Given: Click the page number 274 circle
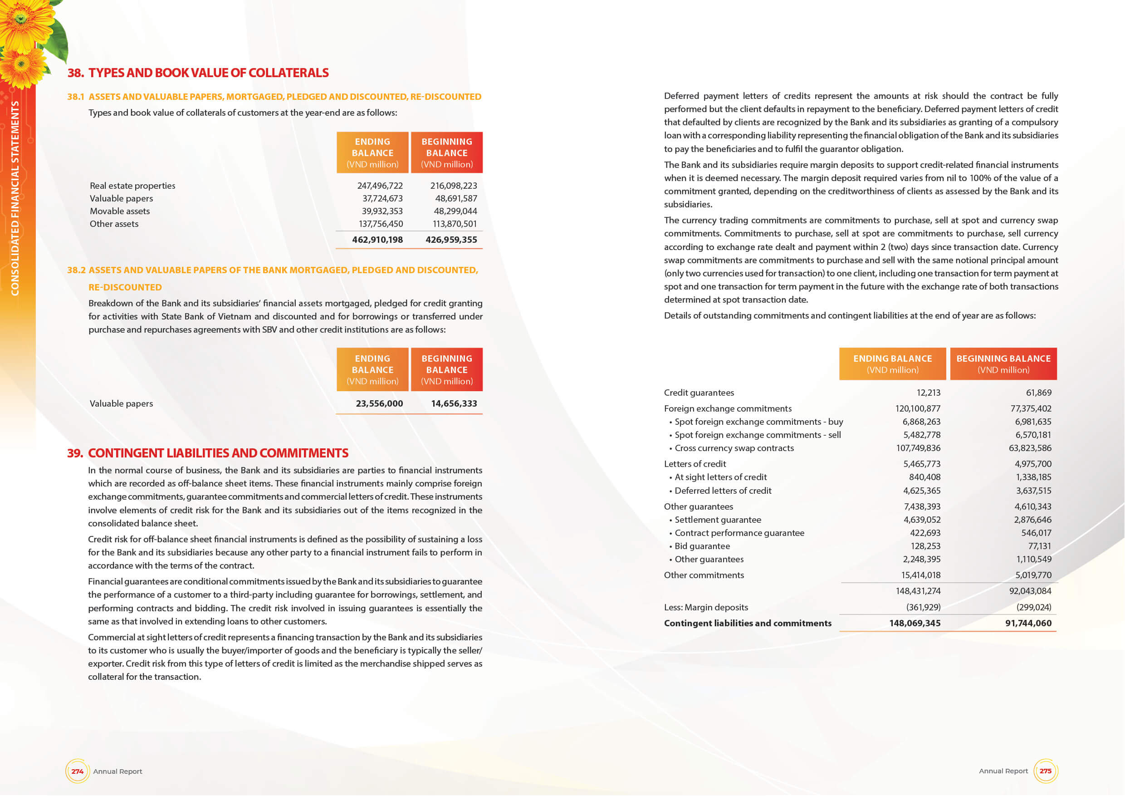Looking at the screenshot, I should tap(78, 771).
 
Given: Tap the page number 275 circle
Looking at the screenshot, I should tap(1045, 771).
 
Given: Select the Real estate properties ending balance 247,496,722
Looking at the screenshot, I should tap(380, 186).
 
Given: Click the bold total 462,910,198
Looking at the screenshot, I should tap(377, 240).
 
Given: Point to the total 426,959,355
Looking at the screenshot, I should tap(451, 240).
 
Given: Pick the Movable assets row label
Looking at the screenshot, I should tap(120, 211).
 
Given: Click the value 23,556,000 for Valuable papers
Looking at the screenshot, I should tap(379, 403).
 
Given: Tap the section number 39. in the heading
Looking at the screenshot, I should tap(75, 453).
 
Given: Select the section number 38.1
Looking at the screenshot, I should tap(76, 97).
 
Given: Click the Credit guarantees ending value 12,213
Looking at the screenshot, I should tap(928, 393).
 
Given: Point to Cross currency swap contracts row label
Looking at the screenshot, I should tap(734, 448).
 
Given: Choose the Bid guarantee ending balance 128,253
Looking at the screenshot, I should tap(925, 546).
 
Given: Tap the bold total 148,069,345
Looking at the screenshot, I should tap(915, 623).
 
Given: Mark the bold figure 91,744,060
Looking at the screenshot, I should tap(1028, 623).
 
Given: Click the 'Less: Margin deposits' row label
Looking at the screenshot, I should tap(705, 607).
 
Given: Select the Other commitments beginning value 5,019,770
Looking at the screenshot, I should tap(1033, 575).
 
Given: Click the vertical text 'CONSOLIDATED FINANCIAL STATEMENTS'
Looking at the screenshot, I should tap(15, 198).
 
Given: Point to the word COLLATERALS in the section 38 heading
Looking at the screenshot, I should tap(288, 73).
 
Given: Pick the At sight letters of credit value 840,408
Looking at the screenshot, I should tap(924, 477).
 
